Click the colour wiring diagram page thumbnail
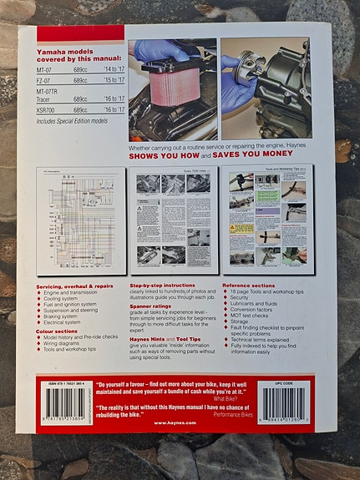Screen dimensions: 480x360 coord(82,220)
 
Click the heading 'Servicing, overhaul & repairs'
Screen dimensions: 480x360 coord(74,285)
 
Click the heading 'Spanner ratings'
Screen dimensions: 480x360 coord(152,304)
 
